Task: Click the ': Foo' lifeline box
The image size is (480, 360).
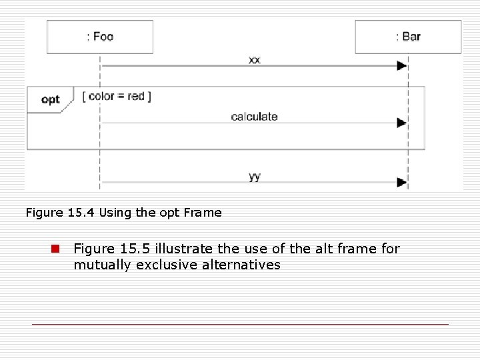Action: tap(100, 37)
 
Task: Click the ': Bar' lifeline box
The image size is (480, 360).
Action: tap(408, 37)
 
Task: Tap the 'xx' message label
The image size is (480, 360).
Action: tap(255, 59)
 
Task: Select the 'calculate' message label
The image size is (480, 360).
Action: tap(254, 117)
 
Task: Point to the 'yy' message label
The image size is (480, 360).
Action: tap(255, 177)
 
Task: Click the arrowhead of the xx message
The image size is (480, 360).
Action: tap(401, 65)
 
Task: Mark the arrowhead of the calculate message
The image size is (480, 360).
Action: tap(401, 123)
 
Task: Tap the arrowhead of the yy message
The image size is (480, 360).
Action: tap(401, 182)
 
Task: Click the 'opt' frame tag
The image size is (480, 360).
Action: tap(50, 100)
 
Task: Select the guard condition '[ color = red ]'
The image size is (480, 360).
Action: tap(117, 96)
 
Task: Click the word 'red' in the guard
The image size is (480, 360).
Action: tap(136, 96)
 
